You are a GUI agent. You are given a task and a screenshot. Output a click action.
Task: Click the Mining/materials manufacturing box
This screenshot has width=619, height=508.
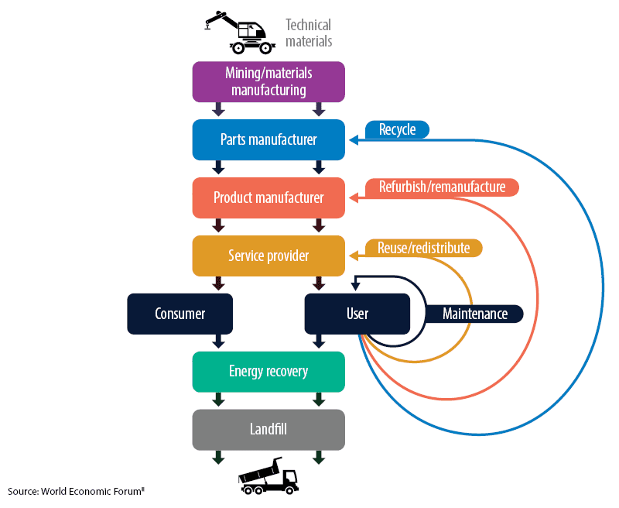[268, 81]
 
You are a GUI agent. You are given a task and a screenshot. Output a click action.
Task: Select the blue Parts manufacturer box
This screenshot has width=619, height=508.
[268, 140]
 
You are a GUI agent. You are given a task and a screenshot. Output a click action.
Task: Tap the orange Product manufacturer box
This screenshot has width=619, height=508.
[268, 197]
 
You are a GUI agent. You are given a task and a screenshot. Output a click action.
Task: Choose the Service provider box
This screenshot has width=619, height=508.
[268, 256]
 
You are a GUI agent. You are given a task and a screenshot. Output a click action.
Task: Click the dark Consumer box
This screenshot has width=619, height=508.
[180, 314]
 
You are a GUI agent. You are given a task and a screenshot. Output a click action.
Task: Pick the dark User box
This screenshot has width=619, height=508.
[357, 314]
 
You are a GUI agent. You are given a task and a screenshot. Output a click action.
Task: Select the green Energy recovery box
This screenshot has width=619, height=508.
[268, 371]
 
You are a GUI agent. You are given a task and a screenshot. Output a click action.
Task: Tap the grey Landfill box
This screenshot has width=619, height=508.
[268, 429]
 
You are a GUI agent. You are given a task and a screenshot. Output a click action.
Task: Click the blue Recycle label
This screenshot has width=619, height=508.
[397, 129]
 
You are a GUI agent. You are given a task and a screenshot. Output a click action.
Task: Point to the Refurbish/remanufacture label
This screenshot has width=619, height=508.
[441, 187]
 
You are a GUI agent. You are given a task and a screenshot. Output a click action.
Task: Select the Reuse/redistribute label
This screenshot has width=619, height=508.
[423, 248]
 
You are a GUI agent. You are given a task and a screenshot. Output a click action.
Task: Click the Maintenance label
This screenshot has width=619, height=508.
[474, 314]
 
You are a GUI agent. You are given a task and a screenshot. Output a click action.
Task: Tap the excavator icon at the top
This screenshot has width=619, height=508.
[236, 32]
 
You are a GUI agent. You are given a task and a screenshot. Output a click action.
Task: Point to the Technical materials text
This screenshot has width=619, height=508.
[309, 33]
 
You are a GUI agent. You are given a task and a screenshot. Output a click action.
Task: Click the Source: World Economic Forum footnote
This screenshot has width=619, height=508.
[77, 491]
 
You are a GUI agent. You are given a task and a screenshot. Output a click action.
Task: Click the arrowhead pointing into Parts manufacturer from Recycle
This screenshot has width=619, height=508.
[354, 140]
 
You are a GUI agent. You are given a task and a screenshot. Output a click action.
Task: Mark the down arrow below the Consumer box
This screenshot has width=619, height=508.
[218, 341]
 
